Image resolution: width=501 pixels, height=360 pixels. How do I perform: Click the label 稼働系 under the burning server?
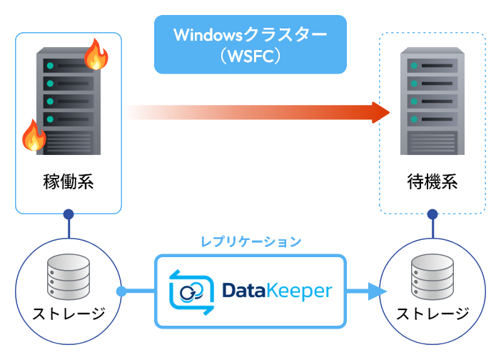(69, 181)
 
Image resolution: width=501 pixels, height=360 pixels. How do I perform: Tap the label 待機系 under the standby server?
(432, 181)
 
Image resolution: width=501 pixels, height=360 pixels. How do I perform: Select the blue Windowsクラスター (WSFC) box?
(250, 44)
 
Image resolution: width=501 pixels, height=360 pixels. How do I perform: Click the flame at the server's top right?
(96, 54)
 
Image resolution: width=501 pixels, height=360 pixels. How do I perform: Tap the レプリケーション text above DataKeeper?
(250, 241)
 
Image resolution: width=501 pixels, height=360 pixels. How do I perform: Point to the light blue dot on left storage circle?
(121, 291)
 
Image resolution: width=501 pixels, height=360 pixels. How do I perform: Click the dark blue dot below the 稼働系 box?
(69, 214)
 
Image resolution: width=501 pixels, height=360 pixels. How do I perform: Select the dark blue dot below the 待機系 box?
(432, 214)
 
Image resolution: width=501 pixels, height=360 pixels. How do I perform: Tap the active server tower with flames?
(69, 100)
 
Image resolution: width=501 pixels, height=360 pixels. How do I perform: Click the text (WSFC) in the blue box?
(250, 55)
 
